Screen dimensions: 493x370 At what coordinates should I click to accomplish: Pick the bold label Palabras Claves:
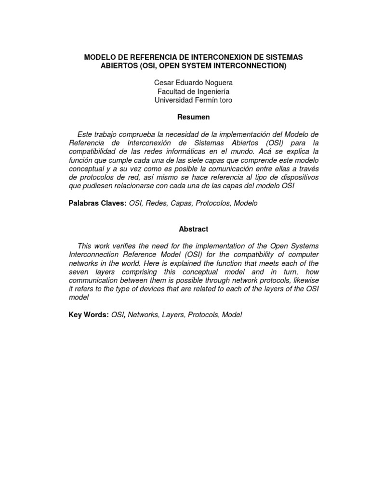coord(98,203)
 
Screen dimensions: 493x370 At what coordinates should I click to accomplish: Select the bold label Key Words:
coord(89,315)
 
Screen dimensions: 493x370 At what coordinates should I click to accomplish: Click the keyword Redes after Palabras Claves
coord(159,203)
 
